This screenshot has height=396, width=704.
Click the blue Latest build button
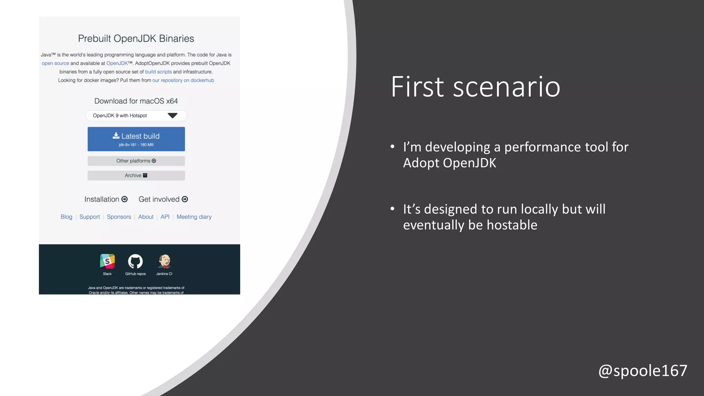[x=136, y=139]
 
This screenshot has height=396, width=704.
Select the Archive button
[x=136, y=175]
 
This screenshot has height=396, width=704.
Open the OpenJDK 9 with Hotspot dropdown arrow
[x=172, y=115]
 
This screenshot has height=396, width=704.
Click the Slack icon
[x=107, y=262]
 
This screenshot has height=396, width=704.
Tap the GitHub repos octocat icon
[x=135, y=262]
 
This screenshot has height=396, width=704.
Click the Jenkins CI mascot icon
[x=164, y=262]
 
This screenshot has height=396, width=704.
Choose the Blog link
[x=66, y=217]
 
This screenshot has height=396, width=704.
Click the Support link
[x=89, y=217]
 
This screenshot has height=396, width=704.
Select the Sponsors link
[x=119, y=217]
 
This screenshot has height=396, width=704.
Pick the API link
[x=165, y=217]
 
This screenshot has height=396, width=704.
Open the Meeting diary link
[x=194, y=217]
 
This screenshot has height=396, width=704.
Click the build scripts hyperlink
[x=158, y=72]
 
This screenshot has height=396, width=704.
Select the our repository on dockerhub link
[x=183, y=80]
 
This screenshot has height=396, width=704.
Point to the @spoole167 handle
[x=642, y=371]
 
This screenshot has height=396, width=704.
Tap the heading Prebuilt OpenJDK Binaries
[x=136, y=38]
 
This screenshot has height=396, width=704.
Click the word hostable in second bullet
[x=512, y=225]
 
